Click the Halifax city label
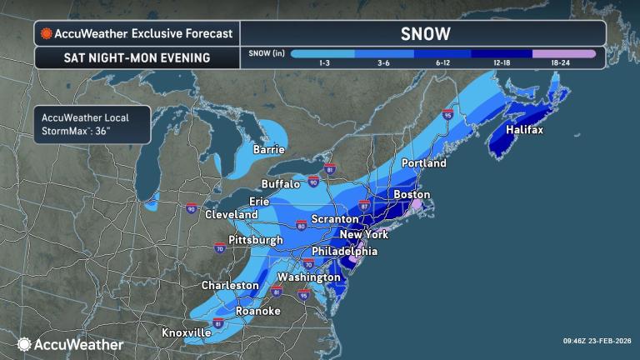point(523,131)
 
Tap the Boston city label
point(412,194)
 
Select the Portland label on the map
point(424,162)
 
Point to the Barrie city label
point(269,150)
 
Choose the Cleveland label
point(232,214)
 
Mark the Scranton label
point(336,218)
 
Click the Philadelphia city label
point(344,251)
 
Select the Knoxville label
point(186,332)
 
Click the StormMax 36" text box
point(91,123)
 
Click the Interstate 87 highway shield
point(363,204)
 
